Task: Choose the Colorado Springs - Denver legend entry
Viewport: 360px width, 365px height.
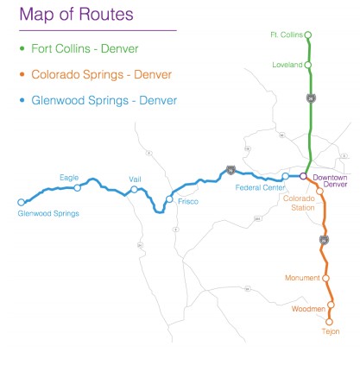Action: (101, 74)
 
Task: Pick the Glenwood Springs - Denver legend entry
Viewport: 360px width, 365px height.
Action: (104, 100)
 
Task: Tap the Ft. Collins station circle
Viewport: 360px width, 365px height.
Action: (308, 35)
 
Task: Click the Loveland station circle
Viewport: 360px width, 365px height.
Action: (308, 65)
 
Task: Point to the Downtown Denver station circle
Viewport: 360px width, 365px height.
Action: (303, 176)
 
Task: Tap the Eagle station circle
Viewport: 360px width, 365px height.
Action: (78, 187)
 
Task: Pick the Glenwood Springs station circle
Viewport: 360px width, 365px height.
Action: (21, 203)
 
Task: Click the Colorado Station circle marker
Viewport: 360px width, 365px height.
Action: (319, 191)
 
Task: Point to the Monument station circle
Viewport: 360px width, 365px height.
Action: (326, 278)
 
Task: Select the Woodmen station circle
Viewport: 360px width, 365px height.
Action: (330, 305)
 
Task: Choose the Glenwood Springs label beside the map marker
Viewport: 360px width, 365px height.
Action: (48, 213)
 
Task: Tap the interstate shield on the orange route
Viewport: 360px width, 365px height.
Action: (325, 239)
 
